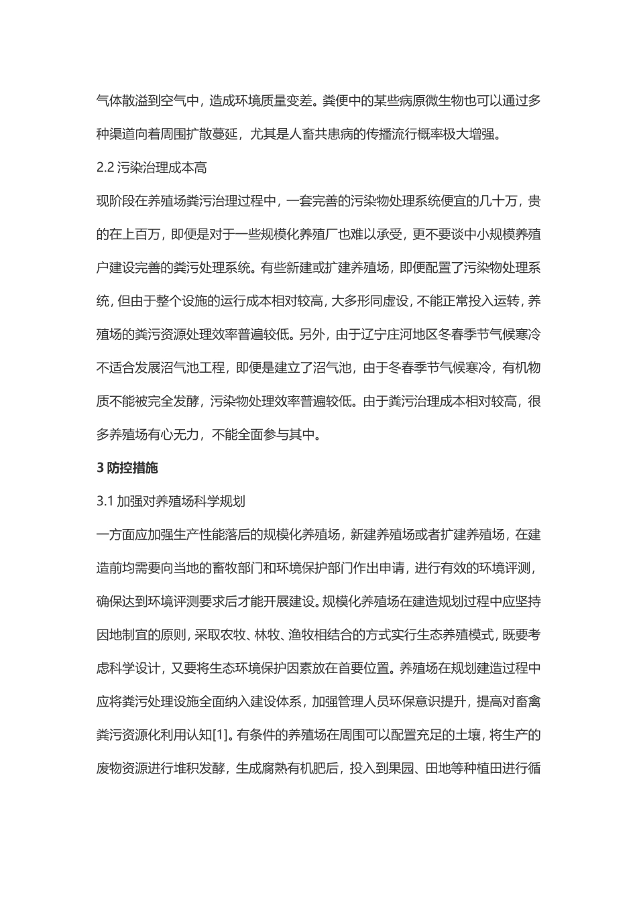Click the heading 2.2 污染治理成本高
tap(152, 168)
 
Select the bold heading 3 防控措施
tap(127, 468)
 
